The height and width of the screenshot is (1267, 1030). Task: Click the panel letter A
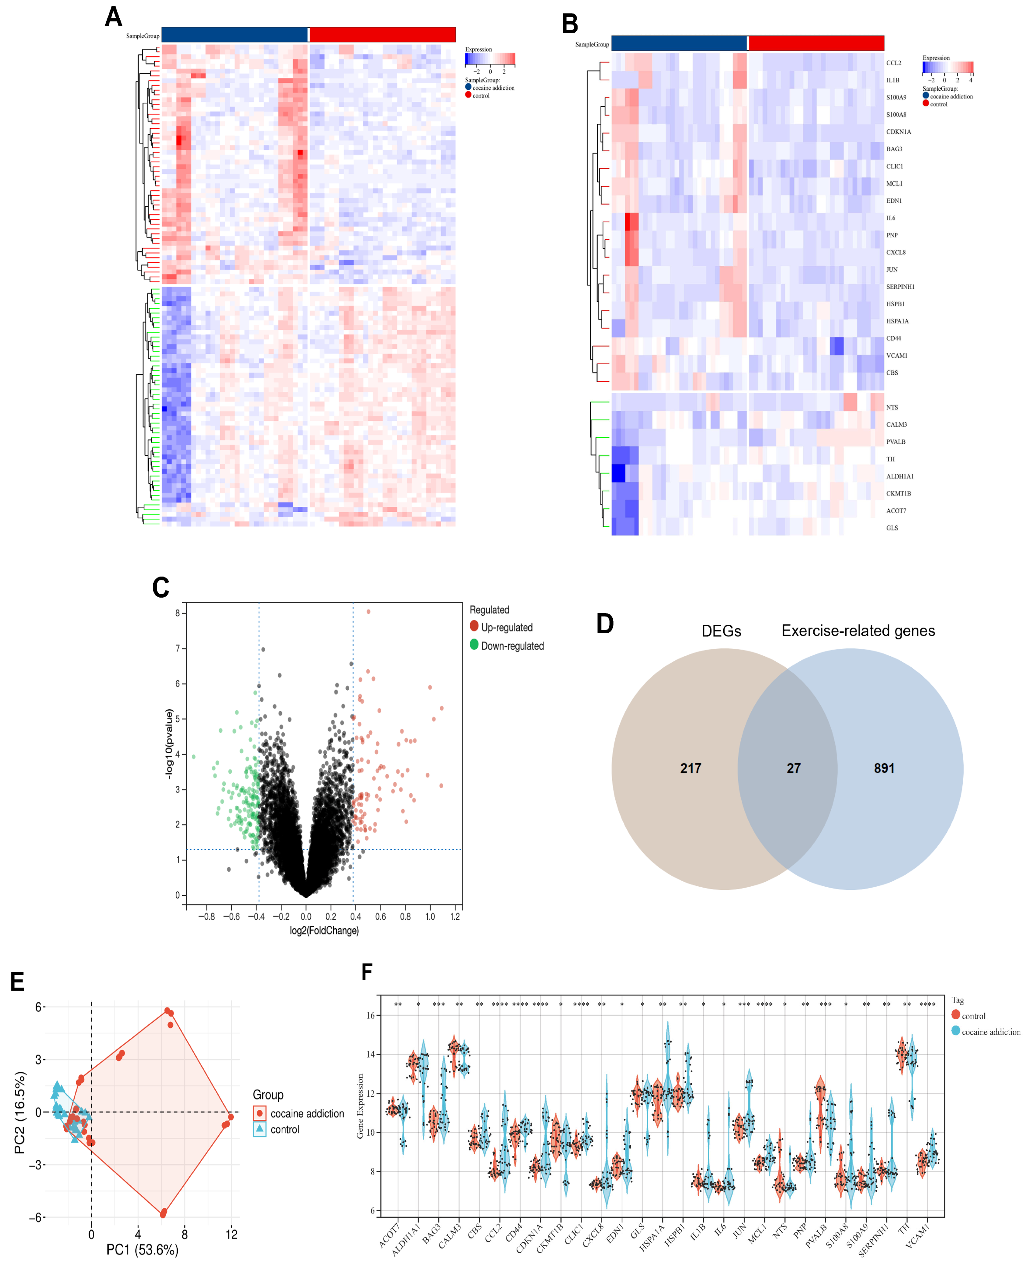113,17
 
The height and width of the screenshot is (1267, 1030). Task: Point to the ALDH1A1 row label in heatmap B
899,476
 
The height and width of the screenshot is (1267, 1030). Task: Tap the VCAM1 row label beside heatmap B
897,356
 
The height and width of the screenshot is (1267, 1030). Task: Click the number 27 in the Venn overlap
793,768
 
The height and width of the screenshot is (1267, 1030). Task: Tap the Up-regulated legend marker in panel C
474,626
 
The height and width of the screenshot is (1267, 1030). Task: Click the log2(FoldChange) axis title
324,930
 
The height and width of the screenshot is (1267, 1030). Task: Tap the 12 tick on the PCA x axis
231,1234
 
